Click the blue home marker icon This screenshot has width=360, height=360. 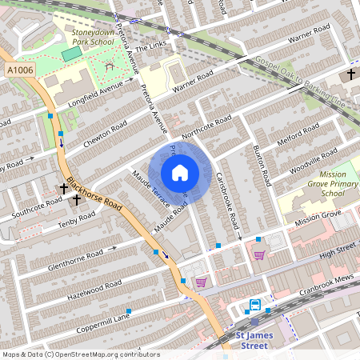click(180, 173)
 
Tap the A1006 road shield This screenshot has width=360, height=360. click(19, 71)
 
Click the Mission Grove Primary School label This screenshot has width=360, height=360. click(321, 183)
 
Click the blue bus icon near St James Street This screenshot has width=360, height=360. click(254, 305)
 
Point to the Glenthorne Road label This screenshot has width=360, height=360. click(76, 257)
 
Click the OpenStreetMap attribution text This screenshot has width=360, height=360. click(80, 354)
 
